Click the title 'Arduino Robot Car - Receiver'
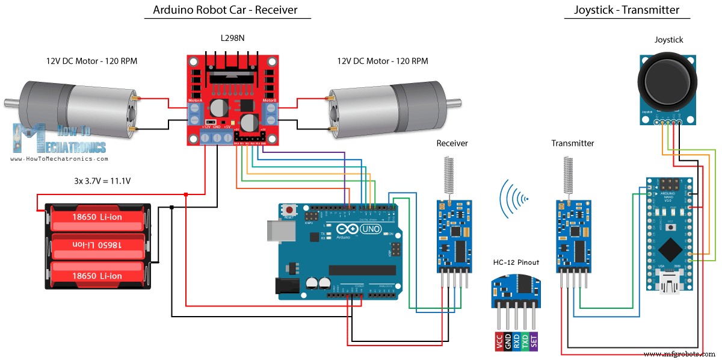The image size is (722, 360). point(225,10)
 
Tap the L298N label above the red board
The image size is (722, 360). point(232,39)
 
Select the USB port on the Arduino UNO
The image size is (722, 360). point(271,231)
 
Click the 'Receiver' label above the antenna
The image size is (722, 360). point(452,143)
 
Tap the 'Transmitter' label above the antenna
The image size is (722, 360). point(572,143)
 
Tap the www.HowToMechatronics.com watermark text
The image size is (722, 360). point(59,159)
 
